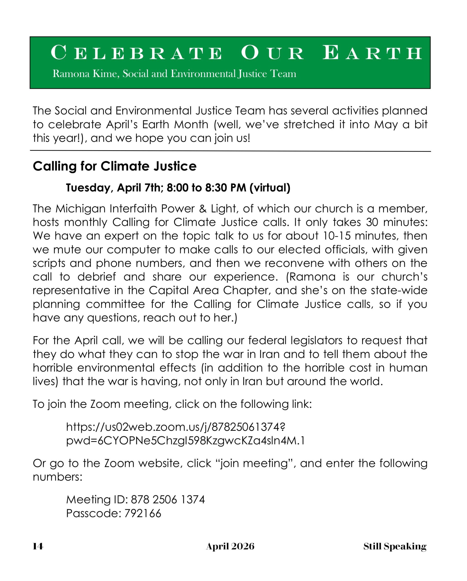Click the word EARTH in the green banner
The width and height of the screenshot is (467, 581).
[372, 53]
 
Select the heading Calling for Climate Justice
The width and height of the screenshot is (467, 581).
[115, 166]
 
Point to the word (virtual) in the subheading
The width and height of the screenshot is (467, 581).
[270, 188]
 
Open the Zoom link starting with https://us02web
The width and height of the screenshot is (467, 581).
[175, 427]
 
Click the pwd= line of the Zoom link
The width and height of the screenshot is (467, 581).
[185, 441]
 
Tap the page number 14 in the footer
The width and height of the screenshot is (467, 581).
[38, 547]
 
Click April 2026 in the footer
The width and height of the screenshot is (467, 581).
[230, 547]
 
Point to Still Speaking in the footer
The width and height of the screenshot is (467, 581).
[395, 547]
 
